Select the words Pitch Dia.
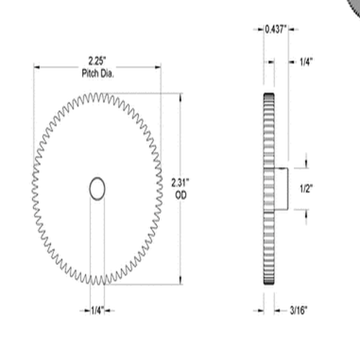[96, 73]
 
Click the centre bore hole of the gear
[97, 189]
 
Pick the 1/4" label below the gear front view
[96, 310]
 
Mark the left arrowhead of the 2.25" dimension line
[36, 67]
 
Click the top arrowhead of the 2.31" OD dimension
[179, 96]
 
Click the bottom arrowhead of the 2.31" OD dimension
[179, 282]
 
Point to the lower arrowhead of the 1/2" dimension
[306, 213]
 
